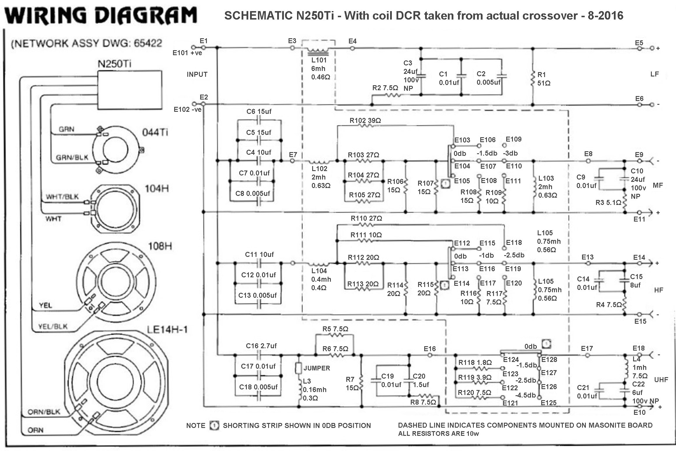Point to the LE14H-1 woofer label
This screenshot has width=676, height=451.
tap(167, 330)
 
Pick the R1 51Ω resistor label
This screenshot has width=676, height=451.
tap(544, 79)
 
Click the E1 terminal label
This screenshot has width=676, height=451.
tap(203, 41)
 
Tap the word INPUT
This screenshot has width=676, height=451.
tap(197, 74)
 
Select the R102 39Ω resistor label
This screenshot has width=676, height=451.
tap(365, 121)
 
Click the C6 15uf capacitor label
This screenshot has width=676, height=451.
tap(259, 112)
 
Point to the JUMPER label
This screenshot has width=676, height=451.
tap(317, 368)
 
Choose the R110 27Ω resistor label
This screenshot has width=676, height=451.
tap(366, 218)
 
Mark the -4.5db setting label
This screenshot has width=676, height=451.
tap(525, 395)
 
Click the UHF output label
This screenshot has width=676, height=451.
tap(661, 380)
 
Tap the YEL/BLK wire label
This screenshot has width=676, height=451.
tap(53, 326)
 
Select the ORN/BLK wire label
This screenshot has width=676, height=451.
tap(44, 412)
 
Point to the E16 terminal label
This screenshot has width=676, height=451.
tap(429, 349)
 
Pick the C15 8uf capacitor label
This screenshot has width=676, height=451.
tap(636, 281)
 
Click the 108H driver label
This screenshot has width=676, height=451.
tap(160, 246)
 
